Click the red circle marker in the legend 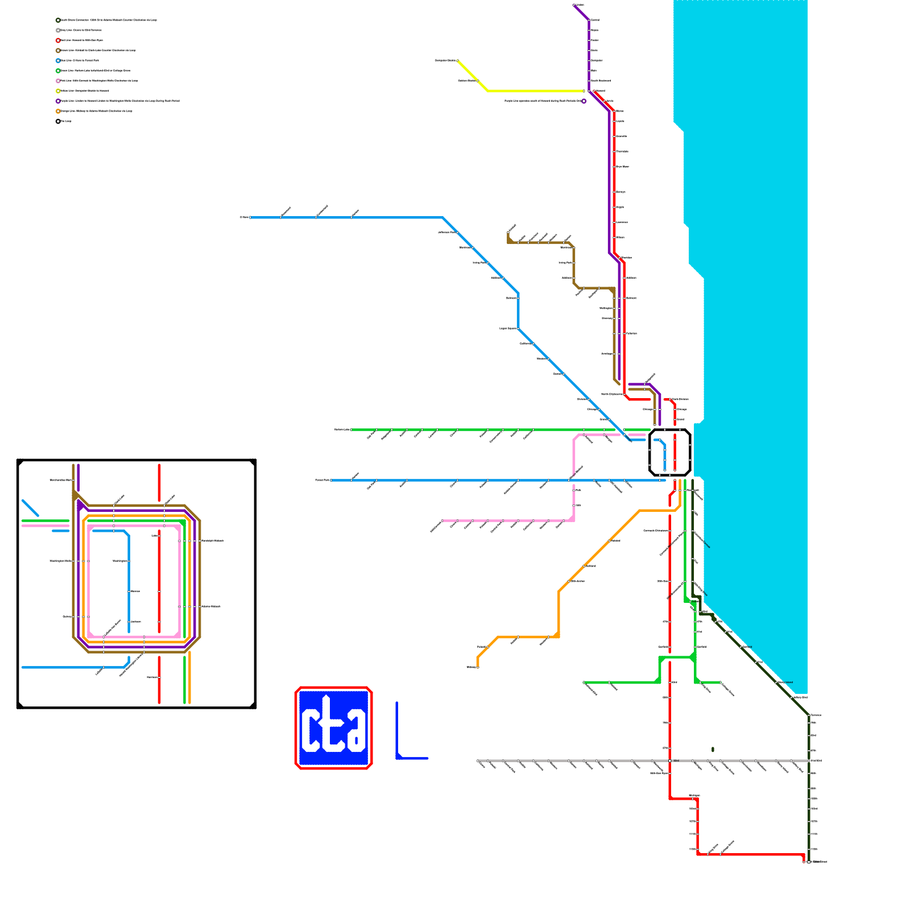[58, 40]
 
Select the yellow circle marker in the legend [58, 91]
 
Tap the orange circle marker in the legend [58, 111]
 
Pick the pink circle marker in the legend [58, 81]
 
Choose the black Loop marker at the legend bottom [58, 121]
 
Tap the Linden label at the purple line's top [580, 5]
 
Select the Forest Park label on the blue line [322, 481]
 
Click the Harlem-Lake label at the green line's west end [341, 430]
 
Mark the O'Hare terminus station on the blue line [250, 217]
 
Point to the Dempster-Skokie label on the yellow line [445, 60]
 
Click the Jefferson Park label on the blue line [446, 233]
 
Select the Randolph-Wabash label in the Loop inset [212, 541]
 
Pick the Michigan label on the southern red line [694, 796]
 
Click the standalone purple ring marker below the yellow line [584, 101]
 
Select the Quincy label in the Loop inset [67, 617]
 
